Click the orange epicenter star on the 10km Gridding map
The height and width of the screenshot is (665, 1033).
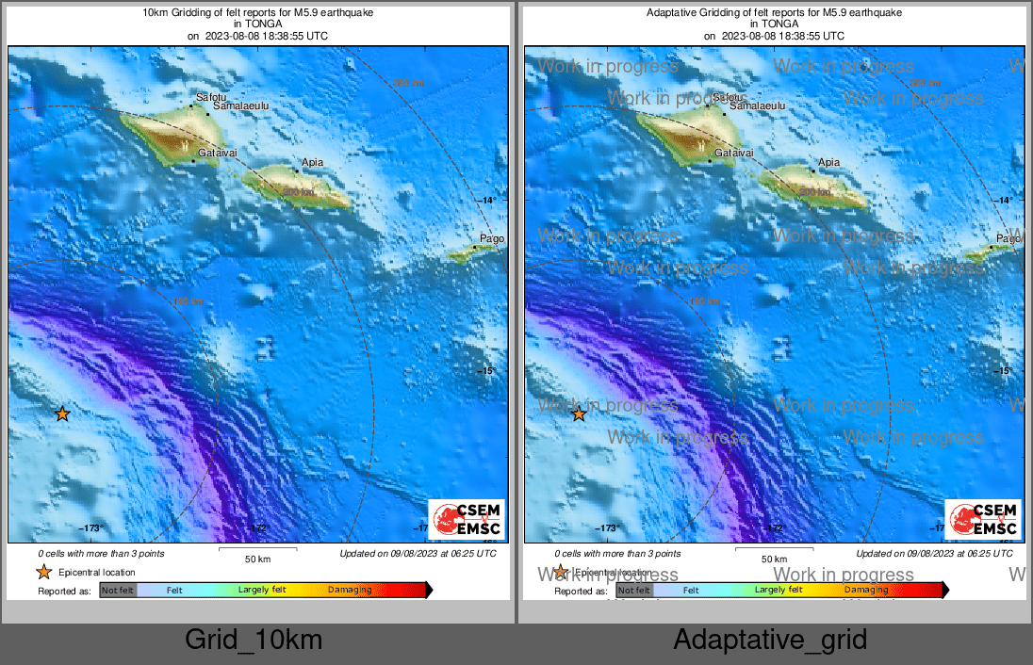coord(62,414)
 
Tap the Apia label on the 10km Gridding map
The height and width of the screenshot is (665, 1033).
coord(312,163)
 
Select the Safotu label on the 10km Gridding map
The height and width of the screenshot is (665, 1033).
coord(211,97)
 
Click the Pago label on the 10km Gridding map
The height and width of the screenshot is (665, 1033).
coord(492,238)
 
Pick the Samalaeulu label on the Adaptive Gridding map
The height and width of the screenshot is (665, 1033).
coord(759,107)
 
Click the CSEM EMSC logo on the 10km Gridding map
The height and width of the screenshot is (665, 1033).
coord(467,519)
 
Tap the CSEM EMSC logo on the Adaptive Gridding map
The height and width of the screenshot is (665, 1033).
coord(982,519)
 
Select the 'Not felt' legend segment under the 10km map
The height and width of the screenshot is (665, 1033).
coord(118,591)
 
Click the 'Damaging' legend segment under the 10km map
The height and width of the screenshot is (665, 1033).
coord(350,591)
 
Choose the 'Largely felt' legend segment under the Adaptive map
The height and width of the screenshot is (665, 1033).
coord(779,591)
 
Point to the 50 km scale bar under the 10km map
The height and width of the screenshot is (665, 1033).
coord(257,548)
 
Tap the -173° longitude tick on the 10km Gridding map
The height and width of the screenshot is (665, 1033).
coord(90,528)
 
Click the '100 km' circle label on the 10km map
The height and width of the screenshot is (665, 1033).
coord(189,301)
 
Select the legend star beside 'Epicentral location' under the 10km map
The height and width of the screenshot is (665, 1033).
coord(43,572)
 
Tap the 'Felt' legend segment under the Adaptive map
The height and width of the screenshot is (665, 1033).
coord(691,591)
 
